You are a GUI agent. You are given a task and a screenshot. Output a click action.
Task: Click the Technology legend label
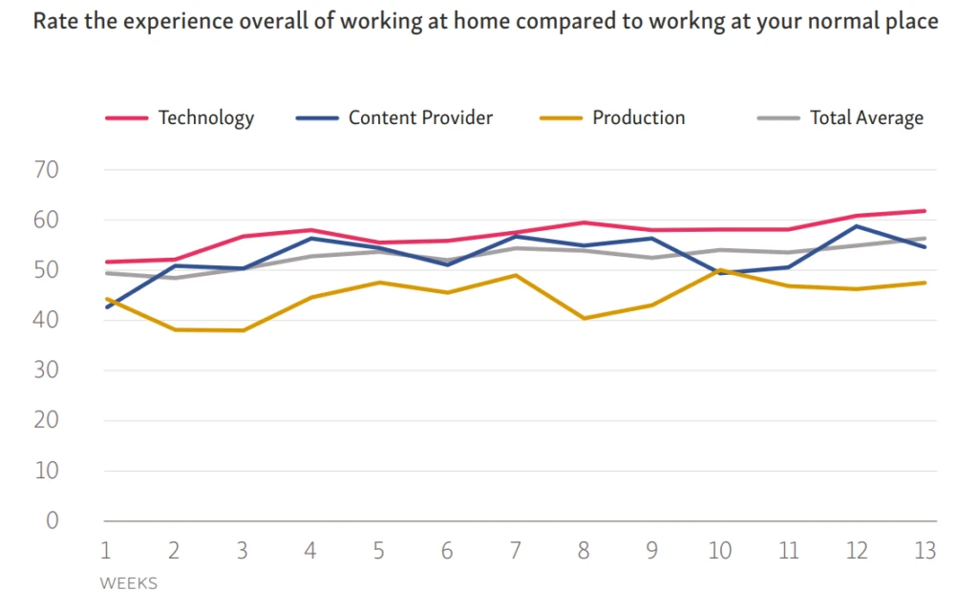[205, 118]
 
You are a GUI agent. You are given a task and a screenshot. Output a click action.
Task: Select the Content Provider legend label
[420, 118]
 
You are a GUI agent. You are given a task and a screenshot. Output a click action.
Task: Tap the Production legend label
[638, 118]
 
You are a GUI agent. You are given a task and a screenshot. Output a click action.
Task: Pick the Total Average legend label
[866, 118]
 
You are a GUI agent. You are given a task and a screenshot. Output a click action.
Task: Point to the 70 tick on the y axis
[47, 171]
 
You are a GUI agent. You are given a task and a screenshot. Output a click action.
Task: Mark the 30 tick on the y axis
[47, 370]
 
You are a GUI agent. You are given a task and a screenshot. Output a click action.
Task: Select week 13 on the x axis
[924, 551]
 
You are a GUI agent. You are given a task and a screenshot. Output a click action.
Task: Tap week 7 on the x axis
[515, 551]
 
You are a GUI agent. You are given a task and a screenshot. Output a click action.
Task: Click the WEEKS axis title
[128, 582]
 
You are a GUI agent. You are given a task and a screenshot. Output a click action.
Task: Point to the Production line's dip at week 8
[584, 318]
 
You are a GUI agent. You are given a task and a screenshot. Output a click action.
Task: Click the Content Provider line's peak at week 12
[856, 226]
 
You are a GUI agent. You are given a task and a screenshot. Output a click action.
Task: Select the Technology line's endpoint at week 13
[925, 211]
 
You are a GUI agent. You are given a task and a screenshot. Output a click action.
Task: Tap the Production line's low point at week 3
[242, 330]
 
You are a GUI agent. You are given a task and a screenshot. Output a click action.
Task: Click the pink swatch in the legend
[126, 118]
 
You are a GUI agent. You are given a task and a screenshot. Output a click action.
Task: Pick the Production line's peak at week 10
[719, 270]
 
